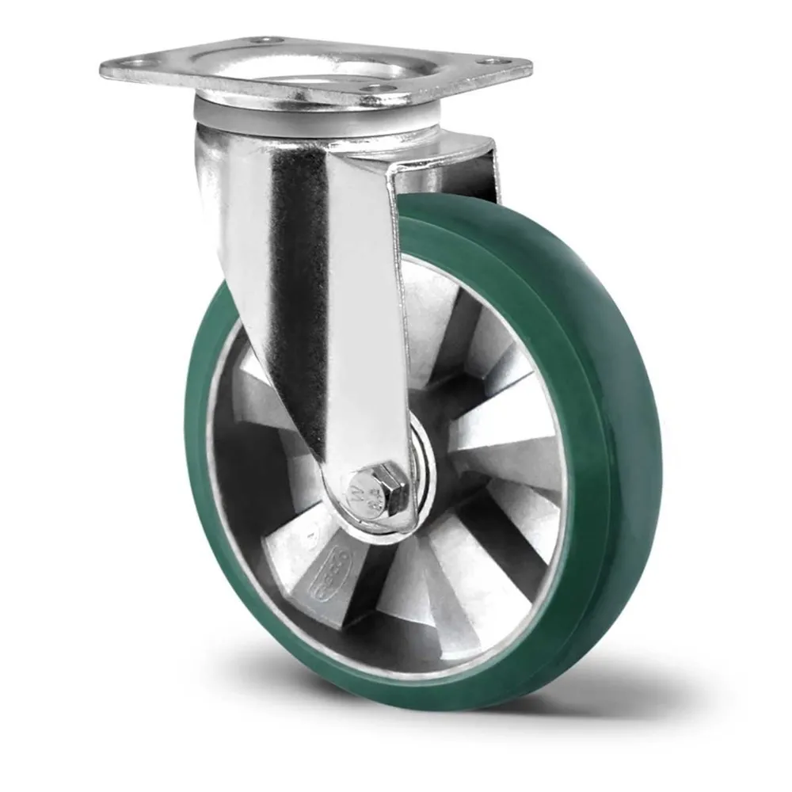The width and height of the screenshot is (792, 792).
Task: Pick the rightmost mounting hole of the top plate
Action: click(496, 60)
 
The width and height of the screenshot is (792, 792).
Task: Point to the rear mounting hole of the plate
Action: click(265, 39)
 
